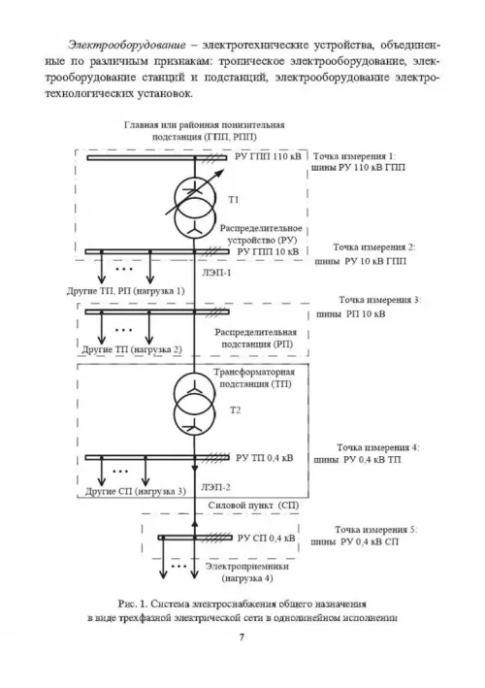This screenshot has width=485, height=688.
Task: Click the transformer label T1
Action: [234, 200]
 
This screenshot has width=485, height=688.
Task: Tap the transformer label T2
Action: [236, 410]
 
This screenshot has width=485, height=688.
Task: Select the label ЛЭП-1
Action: [216, 273]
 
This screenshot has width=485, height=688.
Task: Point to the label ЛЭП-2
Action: [215, 487]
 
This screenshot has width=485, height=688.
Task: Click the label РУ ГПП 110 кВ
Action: [268, 156]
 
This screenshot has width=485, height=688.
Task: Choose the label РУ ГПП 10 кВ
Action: [268, 252]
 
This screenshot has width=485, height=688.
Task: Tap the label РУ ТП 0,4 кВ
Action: [265, 458]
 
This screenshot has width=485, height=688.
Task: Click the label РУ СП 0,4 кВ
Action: [266, 538]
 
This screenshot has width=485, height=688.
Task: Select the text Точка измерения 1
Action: [353, 156]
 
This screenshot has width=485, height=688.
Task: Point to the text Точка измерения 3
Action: [379, 300]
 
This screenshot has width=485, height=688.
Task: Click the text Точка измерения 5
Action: [375, 530]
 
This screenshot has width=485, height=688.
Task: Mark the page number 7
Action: [242, 638]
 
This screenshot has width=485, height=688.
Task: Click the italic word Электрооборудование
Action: [127, 46]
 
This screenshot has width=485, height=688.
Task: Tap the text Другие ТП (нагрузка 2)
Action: [132, 349]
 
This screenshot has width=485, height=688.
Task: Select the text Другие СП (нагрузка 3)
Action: [136, 491]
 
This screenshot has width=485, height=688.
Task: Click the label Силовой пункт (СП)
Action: [253, 505]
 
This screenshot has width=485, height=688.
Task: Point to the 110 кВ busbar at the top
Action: [156, 158]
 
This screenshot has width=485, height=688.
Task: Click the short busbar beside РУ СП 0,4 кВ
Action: [195, 538]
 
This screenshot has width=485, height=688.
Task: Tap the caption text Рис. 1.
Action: [133, 605]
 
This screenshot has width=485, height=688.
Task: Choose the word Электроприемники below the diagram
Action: [247, 567]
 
